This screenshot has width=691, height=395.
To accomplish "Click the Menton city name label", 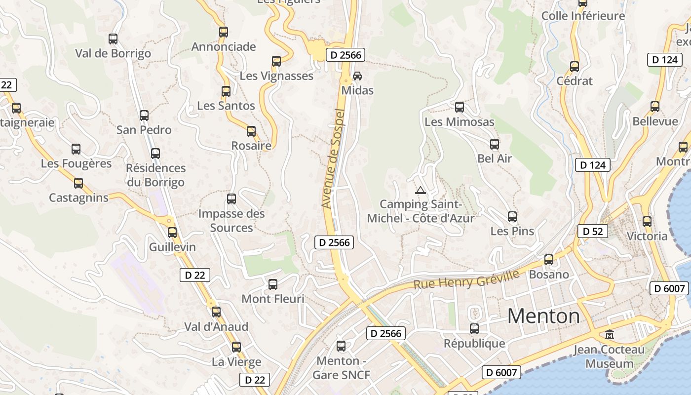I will [x=543, y=316].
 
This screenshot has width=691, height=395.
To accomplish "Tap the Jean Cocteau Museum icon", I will [x=610, y=335].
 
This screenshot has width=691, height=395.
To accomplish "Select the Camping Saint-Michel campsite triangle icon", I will [x=421, y=190].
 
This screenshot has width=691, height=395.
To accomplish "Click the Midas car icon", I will [x=357, y=76].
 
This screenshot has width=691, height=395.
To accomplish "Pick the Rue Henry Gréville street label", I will [x=466, y=279].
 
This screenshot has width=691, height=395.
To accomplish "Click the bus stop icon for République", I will [x=474, y=329].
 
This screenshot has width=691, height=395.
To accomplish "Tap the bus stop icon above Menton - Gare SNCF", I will [x=341, y=346].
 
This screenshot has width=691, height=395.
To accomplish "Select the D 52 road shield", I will [x=592, y=231].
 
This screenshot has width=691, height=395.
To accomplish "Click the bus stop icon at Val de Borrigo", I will [x=113, y=39].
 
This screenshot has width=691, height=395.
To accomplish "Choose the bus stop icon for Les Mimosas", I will [x=460, y=107].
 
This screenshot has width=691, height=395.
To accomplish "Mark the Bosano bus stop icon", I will [x=549, y=260].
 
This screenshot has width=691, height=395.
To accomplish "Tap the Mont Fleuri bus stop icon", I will [x=273, y=284].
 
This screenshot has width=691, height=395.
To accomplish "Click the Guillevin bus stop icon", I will [x=172, y=233].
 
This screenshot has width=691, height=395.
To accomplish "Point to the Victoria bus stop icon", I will [x=647, y=222].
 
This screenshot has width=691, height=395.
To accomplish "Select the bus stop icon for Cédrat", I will [x=575, y=67].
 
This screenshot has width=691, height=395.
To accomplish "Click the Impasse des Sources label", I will [x=231, y=221].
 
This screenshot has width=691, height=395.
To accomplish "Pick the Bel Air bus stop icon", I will [x=495, y=144].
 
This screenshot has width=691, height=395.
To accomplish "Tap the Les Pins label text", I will [x=512, y=231].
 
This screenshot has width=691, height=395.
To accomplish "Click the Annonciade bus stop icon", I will [x=224, y=33].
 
